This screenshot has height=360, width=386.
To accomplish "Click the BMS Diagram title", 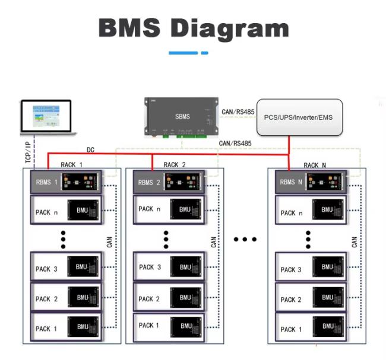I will point(193,27).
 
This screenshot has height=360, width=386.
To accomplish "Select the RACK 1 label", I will point(72,164).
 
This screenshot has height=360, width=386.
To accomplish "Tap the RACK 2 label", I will point(175,164).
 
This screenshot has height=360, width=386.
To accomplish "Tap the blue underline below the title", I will point(188,53).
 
